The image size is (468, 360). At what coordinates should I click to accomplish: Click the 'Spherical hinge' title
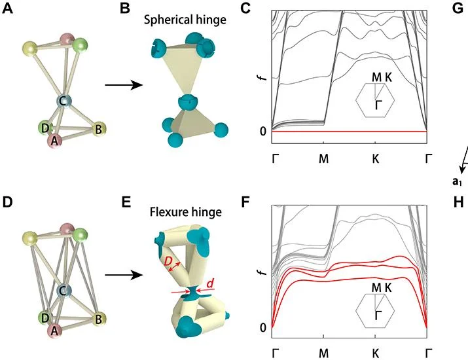pos(185,20)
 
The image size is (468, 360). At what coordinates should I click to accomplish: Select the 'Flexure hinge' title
pos(186,204)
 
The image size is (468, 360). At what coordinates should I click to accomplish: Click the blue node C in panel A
pos(64,101)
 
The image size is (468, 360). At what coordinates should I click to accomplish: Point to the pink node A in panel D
pos(54,331)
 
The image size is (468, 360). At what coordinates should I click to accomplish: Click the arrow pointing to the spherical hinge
pos(124,85)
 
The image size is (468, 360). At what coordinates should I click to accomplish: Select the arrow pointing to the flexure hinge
pos(124,275)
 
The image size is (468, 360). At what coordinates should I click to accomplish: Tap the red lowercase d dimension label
pos(210,283)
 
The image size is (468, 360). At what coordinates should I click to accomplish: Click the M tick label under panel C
pos(324,158)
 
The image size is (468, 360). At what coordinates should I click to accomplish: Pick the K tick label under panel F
pos(376,353)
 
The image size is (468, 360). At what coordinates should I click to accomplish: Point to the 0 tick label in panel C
pos(263,131)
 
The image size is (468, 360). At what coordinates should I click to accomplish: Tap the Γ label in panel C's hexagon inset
pos(378,105)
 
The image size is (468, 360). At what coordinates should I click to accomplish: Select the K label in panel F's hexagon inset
pos(388,287)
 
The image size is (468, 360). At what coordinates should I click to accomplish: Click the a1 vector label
pos(457,181)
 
